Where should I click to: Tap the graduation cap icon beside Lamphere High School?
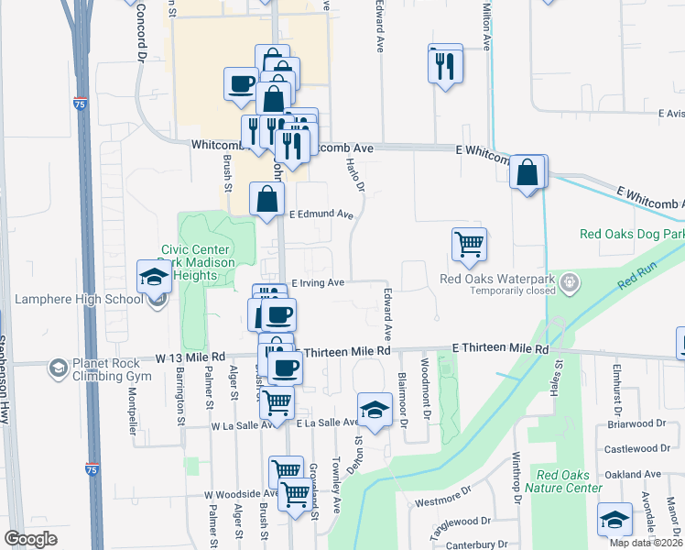[154, 275]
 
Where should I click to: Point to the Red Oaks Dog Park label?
[631, 234]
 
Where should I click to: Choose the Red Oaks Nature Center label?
[569, 480]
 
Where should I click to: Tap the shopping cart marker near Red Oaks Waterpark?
[469, 244]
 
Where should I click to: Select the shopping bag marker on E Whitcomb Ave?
[528, 171]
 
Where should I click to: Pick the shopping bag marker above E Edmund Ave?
[266, 198]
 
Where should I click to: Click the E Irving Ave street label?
[317, 283]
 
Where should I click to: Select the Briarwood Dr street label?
[636, 424]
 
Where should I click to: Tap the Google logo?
[30, 538]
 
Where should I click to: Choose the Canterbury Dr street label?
[476, 544]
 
